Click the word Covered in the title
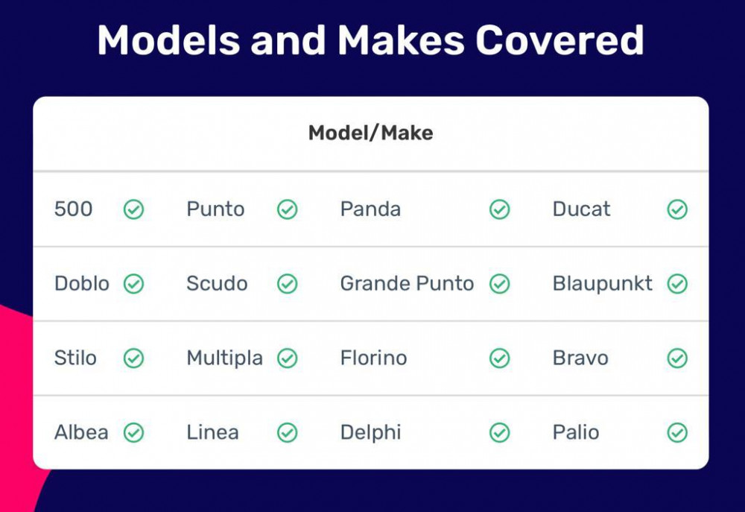(x=559, y=40)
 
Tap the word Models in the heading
(x=168, y=40)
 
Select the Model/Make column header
(x=370, y=133)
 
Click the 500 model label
(x=73, y=209)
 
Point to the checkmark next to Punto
(x=288, y=209)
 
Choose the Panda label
(x=370, y=209)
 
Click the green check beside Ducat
(x=677, y=209)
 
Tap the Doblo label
(x=82, y=284)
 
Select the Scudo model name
(x=217, y=284)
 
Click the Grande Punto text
(x=408, y=284)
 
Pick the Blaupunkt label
(x=603, y=284)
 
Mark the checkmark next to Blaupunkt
(x=677, y=284)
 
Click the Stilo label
(x=75, y=358)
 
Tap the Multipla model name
(x=225, y=358)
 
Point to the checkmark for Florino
(x=500, y=358)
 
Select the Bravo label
(x=580, y=358)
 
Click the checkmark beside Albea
(x=134, y=432)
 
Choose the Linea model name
(x=212, y=432)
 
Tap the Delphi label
(x=370, y=433)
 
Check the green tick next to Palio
(x=677, y=432)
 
